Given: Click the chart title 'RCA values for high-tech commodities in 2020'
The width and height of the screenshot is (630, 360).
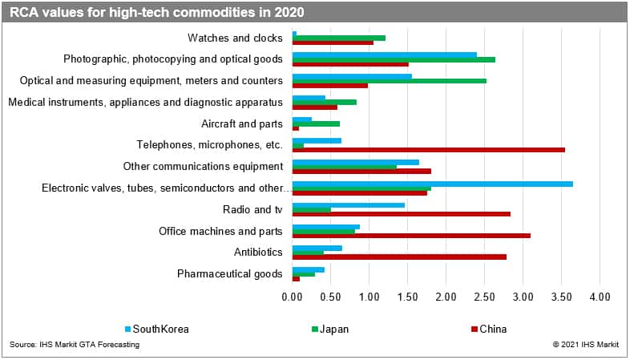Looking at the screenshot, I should click(x=157, y=12).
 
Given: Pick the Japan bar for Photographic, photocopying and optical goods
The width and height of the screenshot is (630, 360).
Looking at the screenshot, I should click(x=394, y=59).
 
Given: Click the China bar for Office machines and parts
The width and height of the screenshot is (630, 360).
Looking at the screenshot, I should click(x=411, y=236).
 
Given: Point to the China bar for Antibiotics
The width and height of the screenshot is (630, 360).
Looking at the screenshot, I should click(x=399, y=257).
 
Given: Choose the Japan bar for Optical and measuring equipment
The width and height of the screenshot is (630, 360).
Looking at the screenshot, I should click(x=390, y=80).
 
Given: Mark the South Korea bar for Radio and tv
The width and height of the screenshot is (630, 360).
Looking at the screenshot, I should click(x=349, y=205).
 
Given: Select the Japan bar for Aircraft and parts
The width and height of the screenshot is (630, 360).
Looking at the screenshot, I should click(x=316, y=123).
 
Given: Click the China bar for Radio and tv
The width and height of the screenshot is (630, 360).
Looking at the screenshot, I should click(x=402, y=214).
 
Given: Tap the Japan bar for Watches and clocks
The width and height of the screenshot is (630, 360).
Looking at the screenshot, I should click(x=339, y=38).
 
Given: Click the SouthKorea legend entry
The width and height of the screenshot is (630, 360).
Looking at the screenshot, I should click(x=157, y=329).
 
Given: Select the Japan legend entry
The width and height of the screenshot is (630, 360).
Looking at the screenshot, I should click(x=329, y=329).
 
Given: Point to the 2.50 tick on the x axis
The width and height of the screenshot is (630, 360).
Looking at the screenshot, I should click(x=484, y=297).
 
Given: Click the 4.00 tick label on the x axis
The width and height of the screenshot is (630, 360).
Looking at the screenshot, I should click(x=599, y=297).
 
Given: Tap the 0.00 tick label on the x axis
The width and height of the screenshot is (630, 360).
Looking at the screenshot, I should click(x=293, y=297).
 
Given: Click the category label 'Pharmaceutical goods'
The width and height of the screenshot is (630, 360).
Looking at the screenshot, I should click(x=229, y=274).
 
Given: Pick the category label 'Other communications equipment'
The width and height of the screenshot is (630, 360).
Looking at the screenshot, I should click(x=203, y=167).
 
